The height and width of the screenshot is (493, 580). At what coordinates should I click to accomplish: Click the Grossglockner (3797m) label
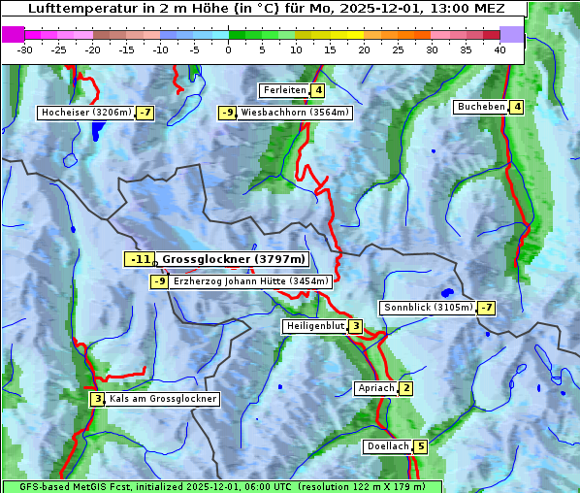(234, 259)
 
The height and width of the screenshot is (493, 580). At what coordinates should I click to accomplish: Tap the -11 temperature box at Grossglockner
(140, 259)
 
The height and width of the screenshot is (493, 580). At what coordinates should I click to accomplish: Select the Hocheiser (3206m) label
(86, 113)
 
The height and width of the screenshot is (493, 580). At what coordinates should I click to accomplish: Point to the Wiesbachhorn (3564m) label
(295, 113)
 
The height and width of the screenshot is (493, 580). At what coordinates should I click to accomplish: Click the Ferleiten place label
(284, 90)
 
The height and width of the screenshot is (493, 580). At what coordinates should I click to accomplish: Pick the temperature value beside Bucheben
(517, 107)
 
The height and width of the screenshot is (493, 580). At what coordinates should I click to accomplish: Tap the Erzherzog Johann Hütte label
(251, 281)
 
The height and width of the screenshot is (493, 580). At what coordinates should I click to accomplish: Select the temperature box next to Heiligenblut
(356, 326)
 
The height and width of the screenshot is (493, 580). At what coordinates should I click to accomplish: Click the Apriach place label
(375, 388)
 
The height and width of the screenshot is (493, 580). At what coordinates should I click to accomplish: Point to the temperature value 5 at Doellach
(420, 447)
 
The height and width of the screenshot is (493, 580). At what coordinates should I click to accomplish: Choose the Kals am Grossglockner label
(162, 399)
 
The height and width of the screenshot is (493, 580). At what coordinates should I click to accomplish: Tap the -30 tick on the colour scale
(25, 49)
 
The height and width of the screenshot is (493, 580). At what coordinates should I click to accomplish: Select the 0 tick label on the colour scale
(228, 49)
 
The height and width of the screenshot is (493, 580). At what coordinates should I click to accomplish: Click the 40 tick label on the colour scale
(499, 49)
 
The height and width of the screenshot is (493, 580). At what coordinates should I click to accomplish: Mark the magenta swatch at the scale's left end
(13, 34)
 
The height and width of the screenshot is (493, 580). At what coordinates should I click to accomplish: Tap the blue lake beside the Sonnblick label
(446, 291)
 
